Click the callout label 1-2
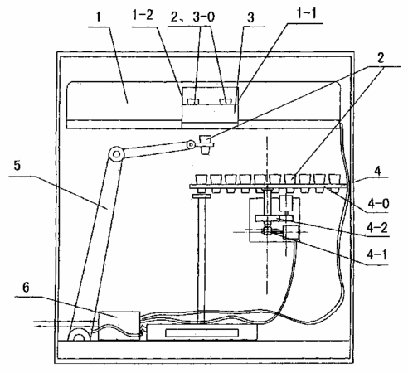pyautogui.click(x=143, y=15)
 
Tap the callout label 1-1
pyautogui.click(x=306, y=13)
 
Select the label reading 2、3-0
pyautogui.click(x=192, y=17)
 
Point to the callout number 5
pyautogui.click(x=17, y=166)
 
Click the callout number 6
pyautogui.click(x=26, y=288)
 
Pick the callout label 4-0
pyautogui.click(x=378, y=203)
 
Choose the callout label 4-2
pyautogui.click(x=377, y=227)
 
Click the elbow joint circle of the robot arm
pyautogui.click(x=116, y=154)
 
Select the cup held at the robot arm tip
pyautogui.click(x=205, y=144)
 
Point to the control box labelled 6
pyautogui.click(x=119, y=326)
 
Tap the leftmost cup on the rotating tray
pyautogui.click(x=202, y=182)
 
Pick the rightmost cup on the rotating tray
pyautogui.click(x=335, y=182)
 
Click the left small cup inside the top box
pyautogui.click(x=193, y=101)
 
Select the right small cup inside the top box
pyautogui.click(x=226, y=101)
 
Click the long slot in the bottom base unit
pyautogui.click(x=202, y=333)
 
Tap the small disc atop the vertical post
pyautogui.click(x=202, y=196)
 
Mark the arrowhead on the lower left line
pyautogui.click(x=40, y=327)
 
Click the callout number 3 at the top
pyautogui.click(x=250, y=17)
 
